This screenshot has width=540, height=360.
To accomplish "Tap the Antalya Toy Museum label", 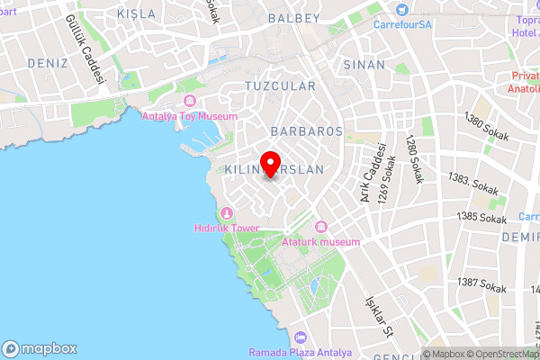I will pos(190,116).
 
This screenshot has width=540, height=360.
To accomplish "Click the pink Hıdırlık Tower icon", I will pos(226,212).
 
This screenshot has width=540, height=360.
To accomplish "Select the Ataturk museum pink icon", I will pos(321,226).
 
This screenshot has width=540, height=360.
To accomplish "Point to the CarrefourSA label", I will pos(402,23).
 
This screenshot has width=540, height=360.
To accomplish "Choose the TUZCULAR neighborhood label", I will pos(280,86).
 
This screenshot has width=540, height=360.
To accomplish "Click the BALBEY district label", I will pos(295,17).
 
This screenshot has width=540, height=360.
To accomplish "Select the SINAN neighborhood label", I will pos(364,65).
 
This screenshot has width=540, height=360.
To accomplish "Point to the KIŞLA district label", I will pos(137,14).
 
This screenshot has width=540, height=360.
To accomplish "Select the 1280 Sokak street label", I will pos(412,159).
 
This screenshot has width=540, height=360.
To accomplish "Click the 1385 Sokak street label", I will pos(481,217).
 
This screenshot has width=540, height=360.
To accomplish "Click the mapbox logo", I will pos(40,348).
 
